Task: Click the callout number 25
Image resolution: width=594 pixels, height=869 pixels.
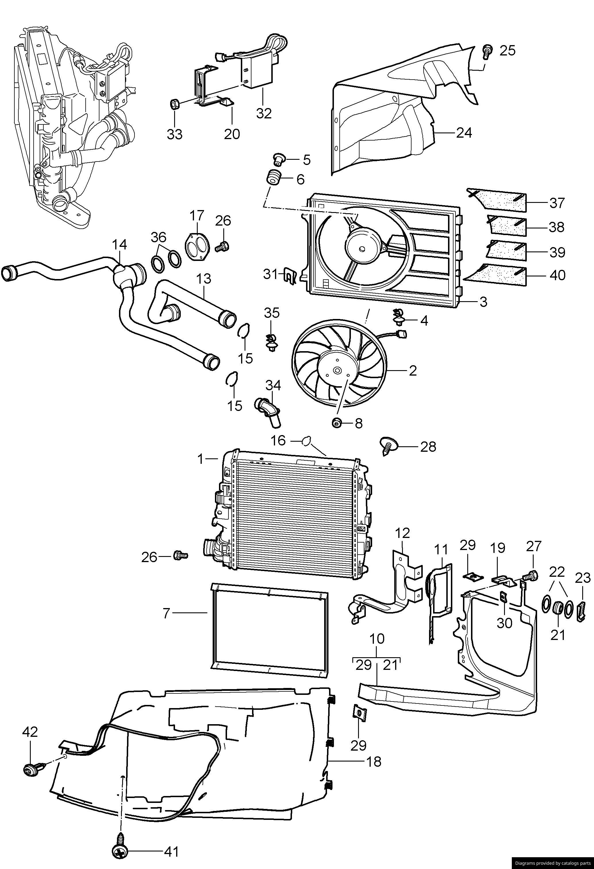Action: point(507,51)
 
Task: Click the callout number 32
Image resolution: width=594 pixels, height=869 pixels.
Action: point(264,113)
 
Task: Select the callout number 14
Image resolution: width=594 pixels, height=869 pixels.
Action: point(120,245)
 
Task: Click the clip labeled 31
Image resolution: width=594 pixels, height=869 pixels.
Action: point(289,275)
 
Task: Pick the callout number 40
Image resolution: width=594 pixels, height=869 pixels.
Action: point(558,275)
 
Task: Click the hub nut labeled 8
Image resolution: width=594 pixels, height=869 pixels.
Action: point(337,423)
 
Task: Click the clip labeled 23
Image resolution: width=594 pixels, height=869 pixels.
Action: point(583,610)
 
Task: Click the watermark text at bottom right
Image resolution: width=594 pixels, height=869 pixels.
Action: point(553,863)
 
